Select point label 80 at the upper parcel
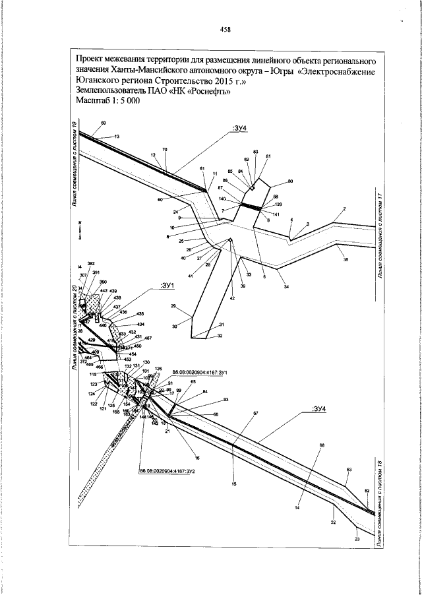[x=290, y=181]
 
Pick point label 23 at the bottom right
[x=357, y=540]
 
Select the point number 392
[x=91, y=263]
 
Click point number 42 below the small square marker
[x=231, y=299]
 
